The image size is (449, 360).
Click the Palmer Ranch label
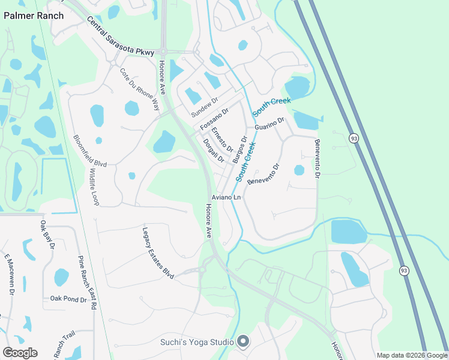tap(34, 16)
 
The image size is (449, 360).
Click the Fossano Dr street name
tap(214, 120)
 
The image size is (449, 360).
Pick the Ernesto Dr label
tap(222, 140)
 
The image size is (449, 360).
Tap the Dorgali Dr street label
tap(213, 151)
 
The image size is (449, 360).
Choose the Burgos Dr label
tap(240, 149)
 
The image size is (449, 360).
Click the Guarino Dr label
tap(268, 124)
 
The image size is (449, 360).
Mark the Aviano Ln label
tap(226, 197)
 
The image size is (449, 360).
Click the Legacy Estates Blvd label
tap(158, 252)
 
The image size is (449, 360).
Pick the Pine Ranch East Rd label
tap(87, 282)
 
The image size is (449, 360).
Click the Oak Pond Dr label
tap(69, 298)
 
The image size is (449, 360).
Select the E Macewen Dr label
tap(9, 274)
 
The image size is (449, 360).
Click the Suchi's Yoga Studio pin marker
tap(243, 342)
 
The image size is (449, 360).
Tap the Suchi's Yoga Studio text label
tap(196, 342)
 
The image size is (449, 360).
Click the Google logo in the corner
tap(20, 353)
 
